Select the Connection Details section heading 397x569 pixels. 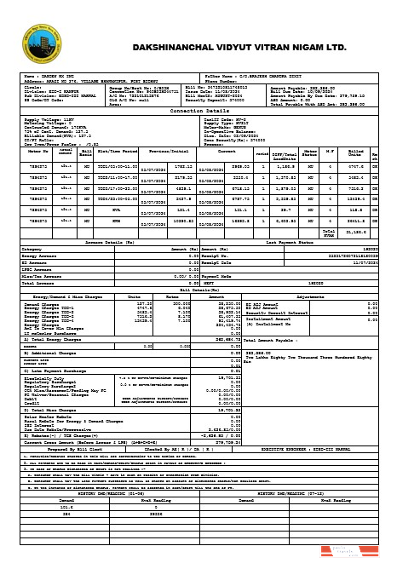(x=198, y=111)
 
